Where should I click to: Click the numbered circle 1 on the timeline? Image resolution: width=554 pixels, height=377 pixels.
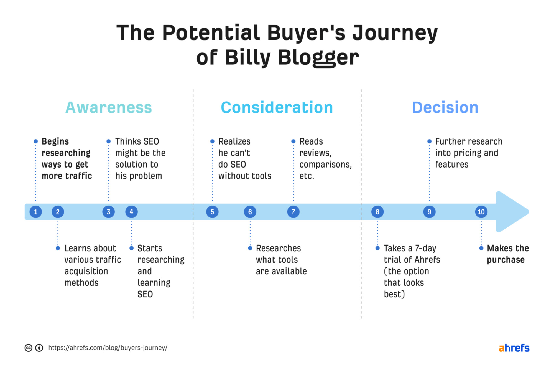pyautogui.click(x=36, y=212)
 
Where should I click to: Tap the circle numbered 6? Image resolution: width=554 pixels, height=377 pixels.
pyautogui.click(x=250, y=212)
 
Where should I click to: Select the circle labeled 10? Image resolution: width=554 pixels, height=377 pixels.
pyautogui.click(x=481, y=212)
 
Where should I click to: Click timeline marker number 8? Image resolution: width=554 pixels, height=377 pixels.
pyautogui.click(x=377, y=212)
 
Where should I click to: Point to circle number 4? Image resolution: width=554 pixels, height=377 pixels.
pyautogui.click(x=131, y=212)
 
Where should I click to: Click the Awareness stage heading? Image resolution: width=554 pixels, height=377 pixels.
pyautogui.click(x=109, y=108)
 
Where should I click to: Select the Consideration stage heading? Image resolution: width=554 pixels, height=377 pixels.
pyautogui.click(x=277, y=108)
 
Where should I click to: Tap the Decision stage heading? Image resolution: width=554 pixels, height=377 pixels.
pyautogui.click(x=445, y=108)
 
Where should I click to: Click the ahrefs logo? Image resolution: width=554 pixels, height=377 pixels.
pyautogui.click(x=514, y=348)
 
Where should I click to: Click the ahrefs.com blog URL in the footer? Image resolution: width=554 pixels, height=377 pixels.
pyautogui.click(x=108, y=348)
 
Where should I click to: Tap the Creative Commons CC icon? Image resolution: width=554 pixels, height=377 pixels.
pyautogui.click(x=28, y=348)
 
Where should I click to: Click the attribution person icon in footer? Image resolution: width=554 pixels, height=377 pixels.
pyautogui.click(x=39, y=348)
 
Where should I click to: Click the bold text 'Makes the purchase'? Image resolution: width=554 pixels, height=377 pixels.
pyautogui.click(x=507, y=254)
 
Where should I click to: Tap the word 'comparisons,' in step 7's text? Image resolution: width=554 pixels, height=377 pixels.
pyautogui.click(x=325, y=165)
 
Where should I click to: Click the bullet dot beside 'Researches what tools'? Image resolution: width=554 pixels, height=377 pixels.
pyautogui.click(x=250, y=248)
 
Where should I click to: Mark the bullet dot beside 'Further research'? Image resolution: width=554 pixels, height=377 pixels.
pyautogui.click(x=429, y=141)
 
